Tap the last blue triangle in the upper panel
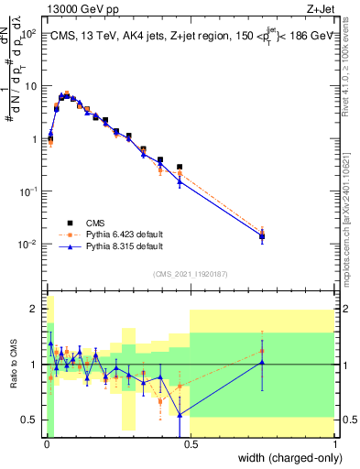coord(262,238)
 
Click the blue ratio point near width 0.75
coord(262,363)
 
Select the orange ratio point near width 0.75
coord(262,351)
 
